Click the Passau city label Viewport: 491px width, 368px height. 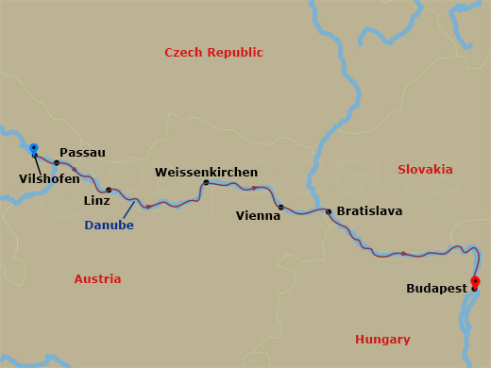tap(82, 152)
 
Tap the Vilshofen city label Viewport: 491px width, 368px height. tap(49, 178)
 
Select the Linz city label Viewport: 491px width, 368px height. tap(96, 201)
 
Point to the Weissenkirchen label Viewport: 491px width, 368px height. tap(206, 173)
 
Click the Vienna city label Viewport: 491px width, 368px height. tap(258, 216)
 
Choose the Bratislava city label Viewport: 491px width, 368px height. tap(369, 211)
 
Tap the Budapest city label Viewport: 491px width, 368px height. tap(435, 289)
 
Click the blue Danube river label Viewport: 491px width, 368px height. tap(109, 226)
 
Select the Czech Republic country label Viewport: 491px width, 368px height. tap(213, 53)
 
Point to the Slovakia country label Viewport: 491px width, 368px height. tap(425, 169)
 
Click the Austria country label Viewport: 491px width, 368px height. tap(97, 279)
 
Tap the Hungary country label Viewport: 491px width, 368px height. tap(382, 340)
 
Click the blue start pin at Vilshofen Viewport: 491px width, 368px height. tap(34, 149)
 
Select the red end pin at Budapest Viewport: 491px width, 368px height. tap(475, 282)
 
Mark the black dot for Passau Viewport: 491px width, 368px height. tap(57, 163)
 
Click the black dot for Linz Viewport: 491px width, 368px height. tap(109, 190)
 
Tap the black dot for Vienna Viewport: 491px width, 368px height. tap(280, 207)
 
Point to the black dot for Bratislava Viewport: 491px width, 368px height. tap(328, 211)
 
